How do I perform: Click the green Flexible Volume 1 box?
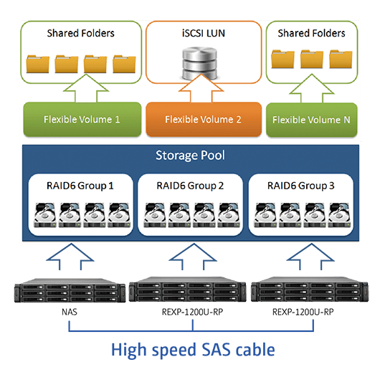tap(82, 119)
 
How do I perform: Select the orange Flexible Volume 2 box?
tap(204, 119)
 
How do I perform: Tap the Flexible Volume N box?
tap(312, 120)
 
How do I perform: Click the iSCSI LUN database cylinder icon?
tap(200, 64)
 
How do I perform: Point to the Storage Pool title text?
tap(190, 156)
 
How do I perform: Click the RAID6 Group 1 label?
tap(80, 186)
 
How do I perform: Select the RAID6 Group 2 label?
tap(190, 186)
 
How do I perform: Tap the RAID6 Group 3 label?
tap(300, 186)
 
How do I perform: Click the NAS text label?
tap(70, 312)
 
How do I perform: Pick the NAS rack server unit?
tap(70, 290)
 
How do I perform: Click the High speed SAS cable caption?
tap(193, 350)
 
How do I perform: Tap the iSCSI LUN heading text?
tap(204, 33)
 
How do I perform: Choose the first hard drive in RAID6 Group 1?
tap(45, 215)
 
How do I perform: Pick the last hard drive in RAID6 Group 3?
tap(339, 215)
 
